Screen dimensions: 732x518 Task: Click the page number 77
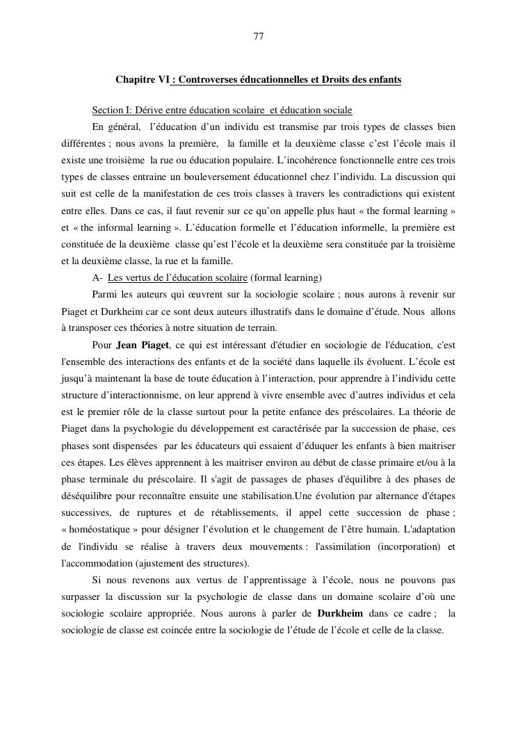click(x=259, y=37)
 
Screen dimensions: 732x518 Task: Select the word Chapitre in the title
click(x=134, y=80)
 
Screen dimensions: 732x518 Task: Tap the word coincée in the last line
click(x=197, y=631)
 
